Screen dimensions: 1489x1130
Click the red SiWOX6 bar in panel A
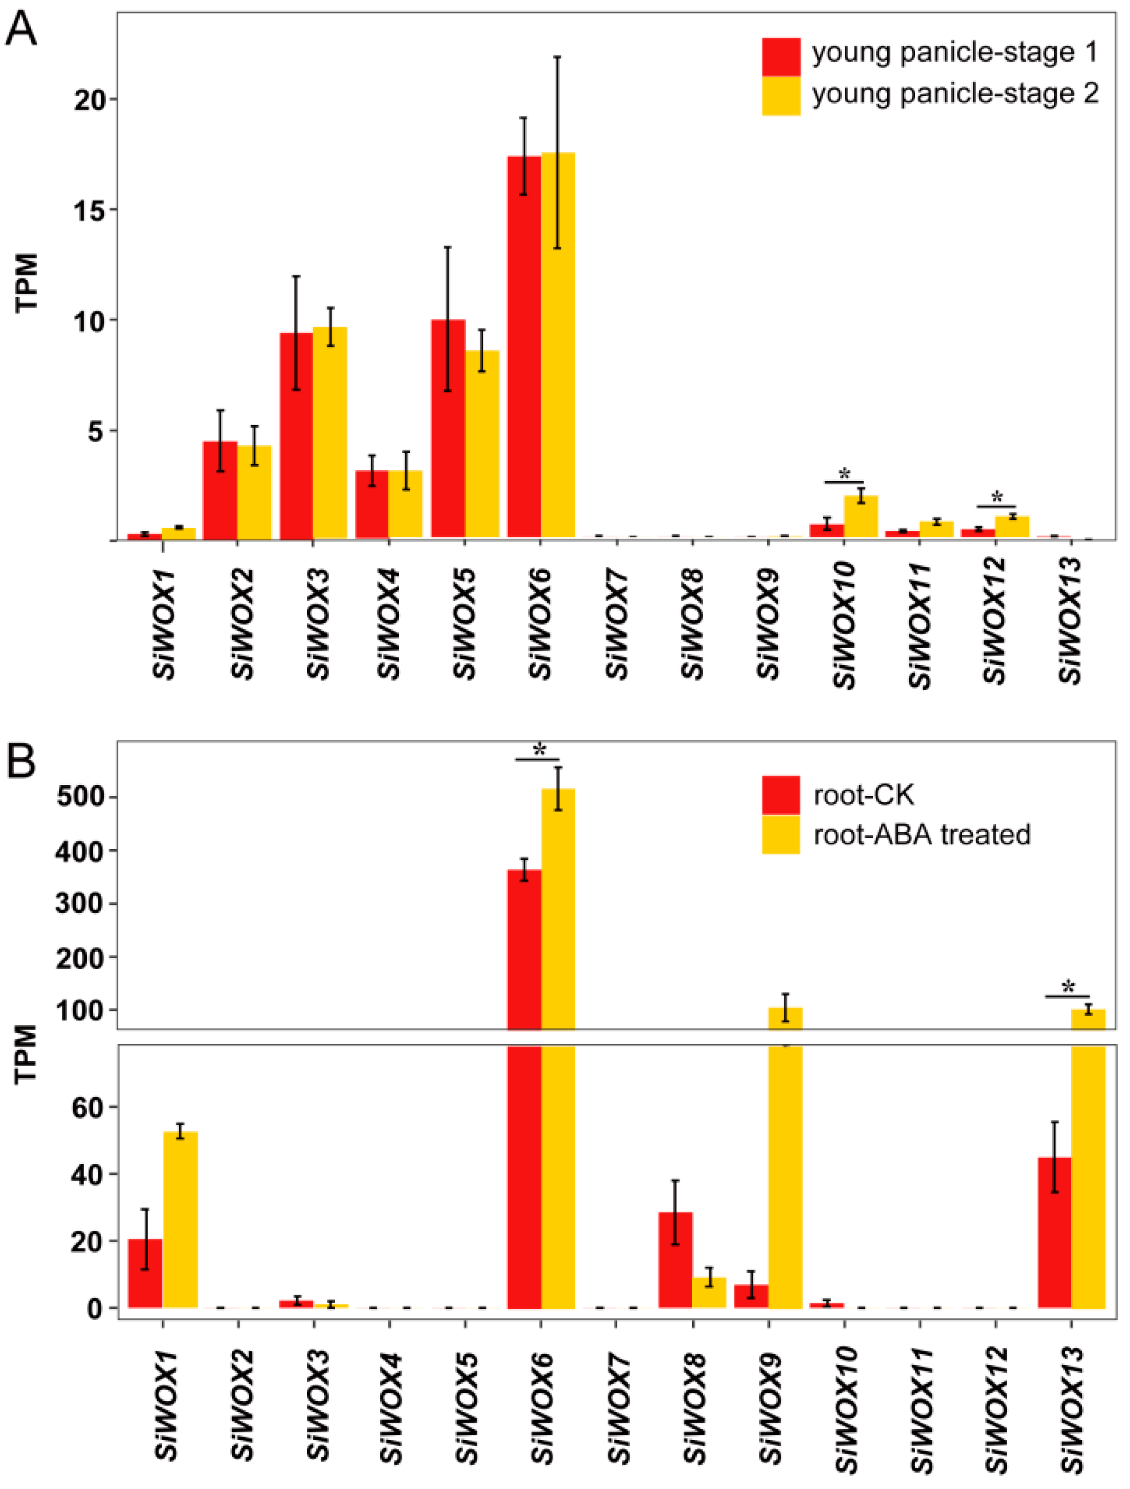[524, 347]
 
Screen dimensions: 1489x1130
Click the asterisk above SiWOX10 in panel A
[844, 473]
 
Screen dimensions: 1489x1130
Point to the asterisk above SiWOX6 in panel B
[539, 750]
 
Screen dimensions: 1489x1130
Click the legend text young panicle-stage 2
[955, 93]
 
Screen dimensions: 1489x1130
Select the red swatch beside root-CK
[781, 794]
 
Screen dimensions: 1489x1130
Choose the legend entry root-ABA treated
[921, 834]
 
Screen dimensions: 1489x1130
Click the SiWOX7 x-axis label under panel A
[617, 623]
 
